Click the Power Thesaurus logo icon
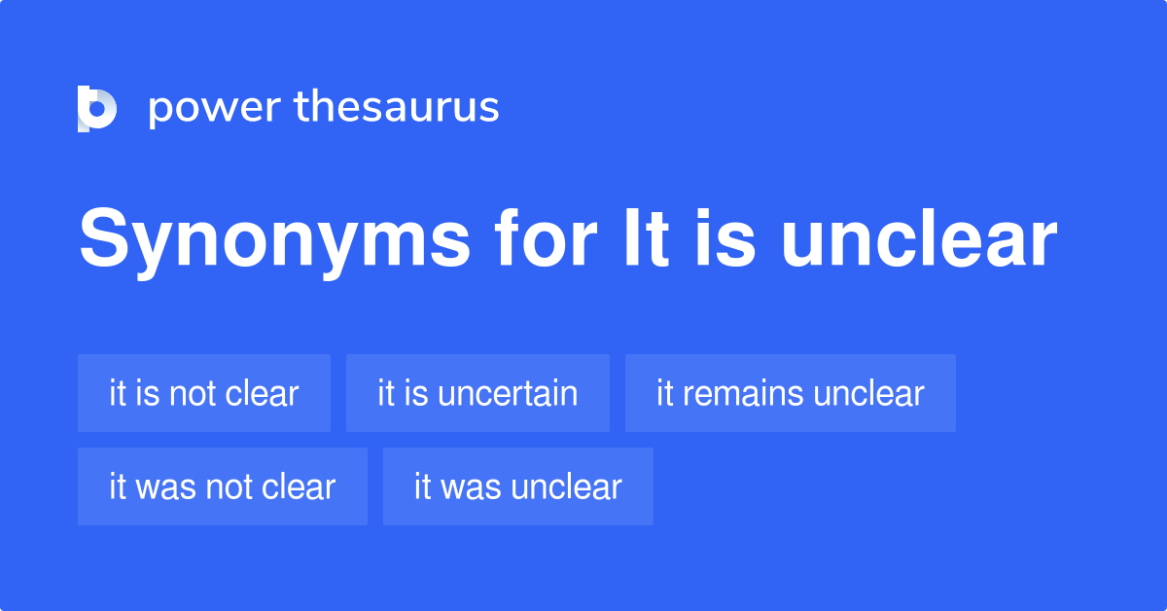96,108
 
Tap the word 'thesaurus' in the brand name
397,108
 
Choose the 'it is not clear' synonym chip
204,393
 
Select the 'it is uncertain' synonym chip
477,393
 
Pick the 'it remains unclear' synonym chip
790,393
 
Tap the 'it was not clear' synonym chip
223,486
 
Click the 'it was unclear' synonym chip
517,486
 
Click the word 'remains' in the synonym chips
743,394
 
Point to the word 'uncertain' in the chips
508,394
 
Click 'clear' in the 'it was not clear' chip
300,486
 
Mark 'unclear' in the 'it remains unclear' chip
868,393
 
